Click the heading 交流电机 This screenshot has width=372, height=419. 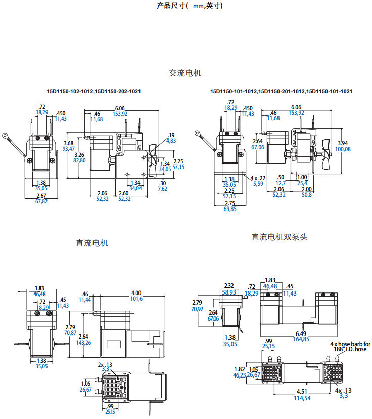point(185,73)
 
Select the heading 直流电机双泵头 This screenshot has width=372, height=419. point(280,237)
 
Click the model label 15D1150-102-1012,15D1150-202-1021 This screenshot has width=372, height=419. point(94,91)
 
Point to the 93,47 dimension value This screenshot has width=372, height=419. point(69,148)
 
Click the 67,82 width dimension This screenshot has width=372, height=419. point(41,201)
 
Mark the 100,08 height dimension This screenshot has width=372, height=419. point(344,149)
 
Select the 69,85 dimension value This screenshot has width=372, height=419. point(229,208)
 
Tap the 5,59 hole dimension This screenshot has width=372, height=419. point(258,184)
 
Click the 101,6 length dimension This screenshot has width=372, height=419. point(136,299)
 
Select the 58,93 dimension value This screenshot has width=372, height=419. point(229,292)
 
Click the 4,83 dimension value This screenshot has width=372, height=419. point(170,140)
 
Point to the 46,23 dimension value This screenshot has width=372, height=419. point(239,375)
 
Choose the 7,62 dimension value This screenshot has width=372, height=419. point(162,189)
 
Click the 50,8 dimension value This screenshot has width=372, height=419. point(306,194)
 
